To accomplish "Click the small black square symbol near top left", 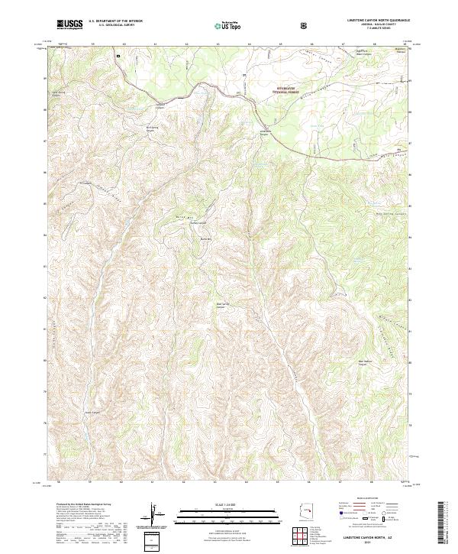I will (x=118, y=55).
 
